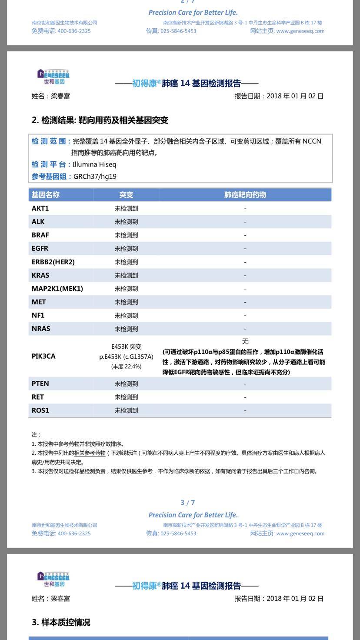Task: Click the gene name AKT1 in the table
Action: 40,208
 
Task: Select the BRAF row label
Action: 40,235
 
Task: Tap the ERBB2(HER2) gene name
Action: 53,262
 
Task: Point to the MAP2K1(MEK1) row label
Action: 57,289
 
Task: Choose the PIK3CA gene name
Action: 43,356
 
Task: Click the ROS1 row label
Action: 40,410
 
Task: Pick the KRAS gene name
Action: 40,275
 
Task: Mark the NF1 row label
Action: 38,315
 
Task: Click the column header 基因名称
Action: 46,195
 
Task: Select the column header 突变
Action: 126,195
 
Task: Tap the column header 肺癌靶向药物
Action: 245,195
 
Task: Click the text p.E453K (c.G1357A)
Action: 126,357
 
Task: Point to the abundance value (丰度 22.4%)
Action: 126,367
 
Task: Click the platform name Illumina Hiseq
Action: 94,164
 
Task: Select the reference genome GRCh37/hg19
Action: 95,177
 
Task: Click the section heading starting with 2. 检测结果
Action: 100,120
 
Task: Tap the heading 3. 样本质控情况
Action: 61,622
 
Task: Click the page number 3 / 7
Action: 188,503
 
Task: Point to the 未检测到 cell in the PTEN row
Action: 126,383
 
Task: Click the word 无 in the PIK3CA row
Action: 245,342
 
